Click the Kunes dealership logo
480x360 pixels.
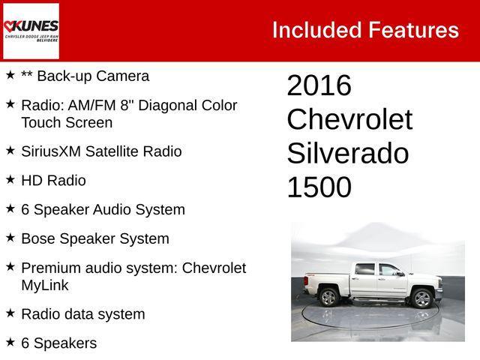[x=31, y=31]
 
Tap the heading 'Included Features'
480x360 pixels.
[x=364, y=30]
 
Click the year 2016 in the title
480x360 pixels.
[x=319, y=86]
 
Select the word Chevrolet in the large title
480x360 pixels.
[x=349, y=120]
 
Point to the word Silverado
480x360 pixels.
[x=347, y=154]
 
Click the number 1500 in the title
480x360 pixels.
[x=319, y=187]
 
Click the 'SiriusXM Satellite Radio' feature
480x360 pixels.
[x=101, y=151]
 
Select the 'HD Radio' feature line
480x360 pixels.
[x=53, y=181]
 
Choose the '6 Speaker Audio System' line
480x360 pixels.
[x=103, y=210]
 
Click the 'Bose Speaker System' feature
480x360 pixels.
[x=95, y=239]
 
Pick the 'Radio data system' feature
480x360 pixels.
[x=82, y=314]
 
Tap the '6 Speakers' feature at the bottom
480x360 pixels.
[x=58, y=343]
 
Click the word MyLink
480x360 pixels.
[x=45, y=286]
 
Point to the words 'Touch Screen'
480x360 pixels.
[x=67, y=123]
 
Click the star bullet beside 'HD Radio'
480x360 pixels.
[x=10, y=180]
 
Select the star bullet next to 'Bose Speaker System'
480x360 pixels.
[x=10, y=238]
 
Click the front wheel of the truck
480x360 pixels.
[x=422, y=298]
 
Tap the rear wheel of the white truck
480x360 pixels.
[x=328, y=297]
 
